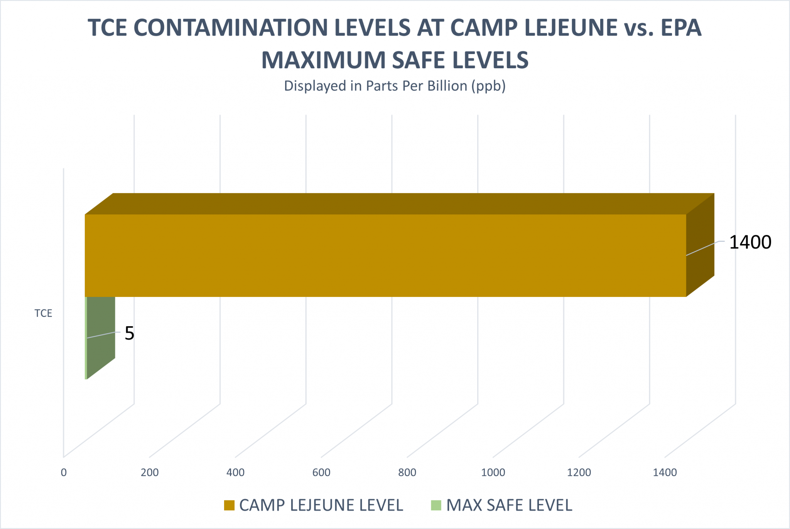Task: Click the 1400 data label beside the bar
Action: (x=750, y=243)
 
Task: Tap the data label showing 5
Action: (x=129, y=333)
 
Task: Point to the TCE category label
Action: (x=43, y=313)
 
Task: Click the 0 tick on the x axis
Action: (x=64, y=472)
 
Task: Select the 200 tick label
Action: (x=150, y=472)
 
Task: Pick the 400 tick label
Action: (x=235, y=472)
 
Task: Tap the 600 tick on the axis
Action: (x=321, y=472)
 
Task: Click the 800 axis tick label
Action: (x=407, y=472)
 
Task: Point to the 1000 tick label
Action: (x=493, y=472)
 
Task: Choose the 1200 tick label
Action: (x=579, y=472)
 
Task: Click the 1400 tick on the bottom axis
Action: (x=665, y=472)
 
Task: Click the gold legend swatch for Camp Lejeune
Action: (x=229, y=505)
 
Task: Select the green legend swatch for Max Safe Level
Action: (x=436, y=505)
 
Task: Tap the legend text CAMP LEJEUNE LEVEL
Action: (x=321, y=505)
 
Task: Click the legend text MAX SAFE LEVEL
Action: (x=509, y=505)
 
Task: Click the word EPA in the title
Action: (x=681, y=28)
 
